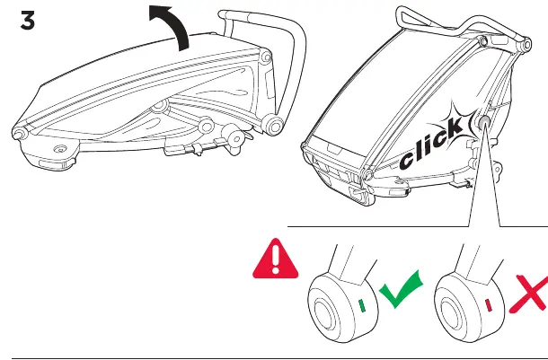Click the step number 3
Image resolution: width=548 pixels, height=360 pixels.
point(28,21)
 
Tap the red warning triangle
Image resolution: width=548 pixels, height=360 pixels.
point(276,259)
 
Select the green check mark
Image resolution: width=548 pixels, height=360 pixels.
point(401,289)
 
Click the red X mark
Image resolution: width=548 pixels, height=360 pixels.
point(529,294)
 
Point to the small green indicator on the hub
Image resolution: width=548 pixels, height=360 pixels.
point(362,305)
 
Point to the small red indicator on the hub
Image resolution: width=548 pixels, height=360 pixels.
point(489,305)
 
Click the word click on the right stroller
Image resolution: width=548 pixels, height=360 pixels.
point(431,144)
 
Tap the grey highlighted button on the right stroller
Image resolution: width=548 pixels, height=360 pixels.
point(484,122)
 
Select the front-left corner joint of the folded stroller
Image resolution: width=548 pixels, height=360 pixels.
point(19,133)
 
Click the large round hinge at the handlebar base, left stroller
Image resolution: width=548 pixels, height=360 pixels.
point(274,126)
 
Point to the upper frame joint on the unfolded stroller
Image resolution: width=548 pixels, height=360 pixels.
point(483,42)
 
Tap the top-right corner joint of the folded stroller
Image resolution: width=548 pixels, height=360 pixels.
point(266,57)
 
